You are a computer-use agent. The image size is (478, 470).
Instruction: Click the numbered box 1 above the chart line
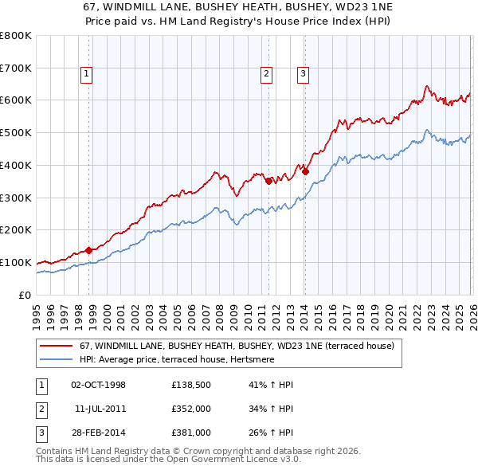[x=86, y=74]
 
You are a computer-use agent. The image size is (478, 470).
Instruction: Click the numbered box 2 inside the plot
[x=265, y=74]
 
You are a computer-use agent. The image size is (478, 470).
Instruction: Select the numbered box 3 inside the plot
[x=304, y=74]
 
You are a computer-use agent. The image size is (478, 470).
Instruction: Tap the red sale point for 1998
[x=88, y=250]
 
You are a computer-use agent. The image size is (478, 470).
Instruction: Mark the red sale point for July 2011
[x=268, y=181]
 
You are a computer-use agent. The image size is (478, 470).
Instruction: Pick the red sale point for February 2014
[x=305, y=171]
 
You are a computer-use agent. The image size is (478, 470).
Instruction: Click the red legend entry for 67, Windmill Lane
[x=231, y=347]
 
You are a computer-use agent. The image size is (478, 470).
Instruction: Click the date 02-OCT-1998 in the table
[x=98, y=385]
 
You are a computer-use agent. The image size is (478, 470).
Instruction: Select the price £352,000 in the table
[x=190, y=409]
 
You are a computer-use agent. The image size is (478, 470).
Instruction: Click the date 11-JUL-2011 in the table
[x=100, y=409]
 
